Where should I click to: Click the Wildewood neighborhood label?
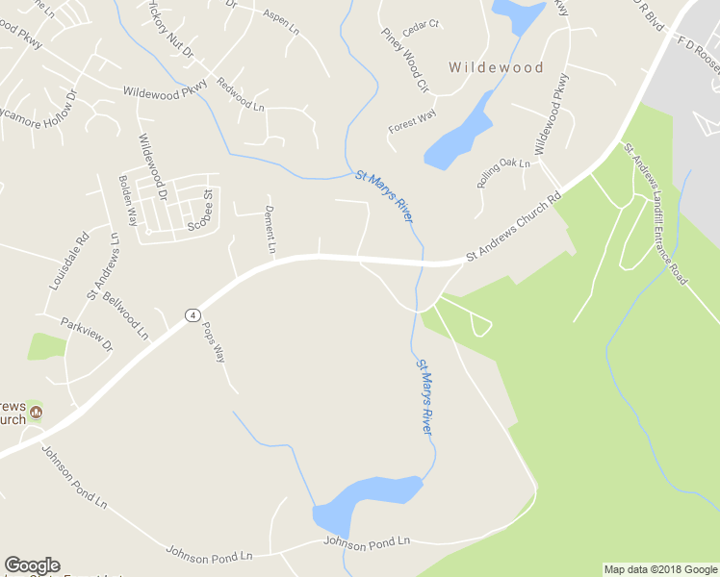click(x=496, y=68)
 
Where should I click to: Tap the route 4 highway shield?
click(x=193, y=315)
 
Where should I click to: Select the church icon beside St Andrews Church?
click(x=37, y=413)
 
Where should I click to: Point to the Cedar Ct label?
click(x=421, y=25)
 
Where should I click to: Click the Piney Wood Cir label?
click(x=404, y=60)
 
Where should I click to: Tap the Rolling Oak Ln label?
click(x=503, y=174)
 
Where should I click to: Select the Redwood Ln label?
click(x=241, y=93)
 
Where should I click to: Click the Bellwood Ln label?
click(x=125, y=316)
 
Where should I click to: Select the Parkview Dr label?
click(x=86, y=333)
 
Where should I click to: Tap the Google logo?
click(x=32, y=565)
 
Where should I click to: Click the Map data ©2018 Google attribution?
click(x=660, y=569)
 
